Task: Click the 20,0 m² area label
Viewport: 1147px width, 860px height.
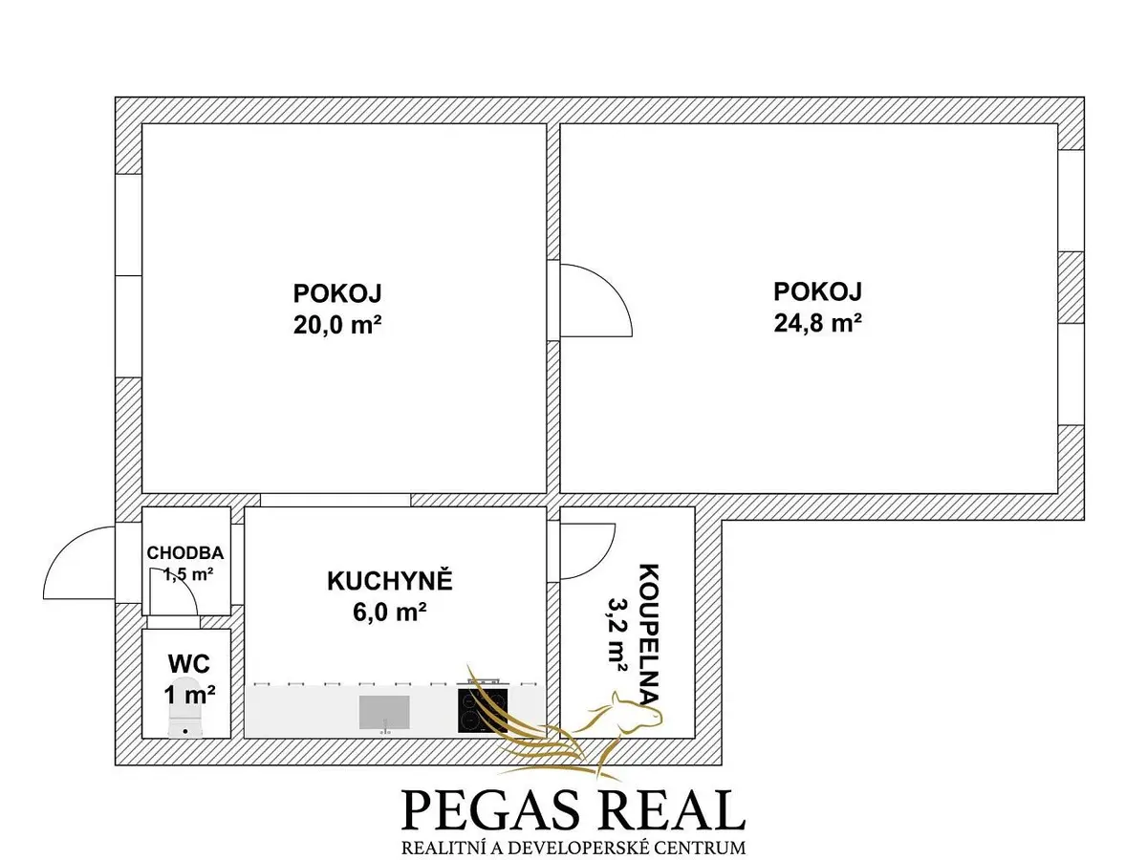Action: (337, 325)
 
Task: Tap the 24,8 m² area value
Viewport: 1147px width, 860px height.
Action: (817, 323)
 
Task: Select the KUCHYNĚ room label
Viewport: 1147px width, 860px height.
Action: (389, 581)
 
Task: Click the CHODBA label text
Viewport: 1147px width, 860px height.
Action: (185, 552)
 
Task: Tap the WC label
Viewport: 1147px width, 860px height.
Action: (188, 664)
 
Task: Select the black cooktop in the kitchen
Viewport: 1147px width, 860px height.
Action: (483, 710)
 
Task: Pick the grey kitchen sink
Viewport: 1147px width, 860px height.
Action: (384, 712)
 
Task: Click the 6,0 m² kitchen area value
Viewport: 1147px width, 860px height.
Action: (389, 612)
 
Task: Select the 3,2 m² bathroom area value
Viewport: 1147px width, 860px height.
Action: (617, 634)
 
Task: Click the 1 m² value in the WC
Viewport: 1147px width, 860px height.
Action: (189, 694)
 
